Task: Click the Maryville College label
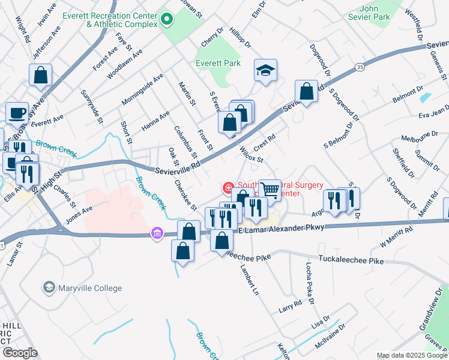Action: click(89, 288)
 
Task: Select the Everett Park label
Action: click(218, 62)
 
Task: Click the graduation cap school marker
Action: click(265, 70)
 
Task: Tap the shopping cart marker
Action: click(270, 190)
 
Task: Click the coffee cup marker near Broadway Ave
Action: click(17, 112)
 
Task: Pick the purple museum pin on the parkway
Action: click(157, 232)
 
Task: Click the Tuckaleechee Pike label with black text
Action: click(351, 261)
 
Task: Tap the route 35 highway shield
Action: click(358, 67)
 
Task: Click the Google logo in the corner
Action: click(20, 352)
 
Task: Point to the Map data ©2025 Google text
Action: click(411, 355)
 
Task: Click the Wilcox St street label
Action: click(252, 155)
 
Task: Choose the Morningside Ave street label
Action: click(142, 89)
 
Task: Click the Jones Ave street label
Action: click(79, 215)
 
